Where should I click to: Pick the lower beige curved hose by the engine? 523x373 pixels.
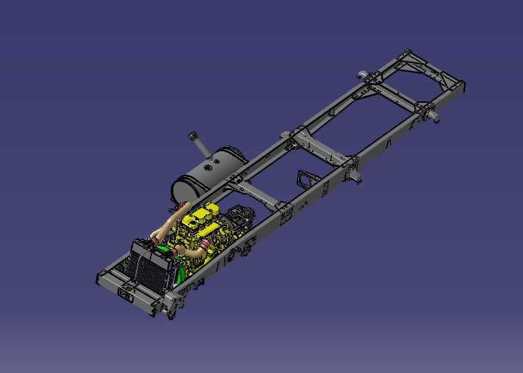[x=192, y=253]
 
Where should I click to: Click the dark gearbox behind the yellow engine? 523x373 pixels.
[x=239, y=221]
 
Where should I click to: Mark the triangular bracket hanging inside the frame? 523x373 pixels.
[x=304, y=179]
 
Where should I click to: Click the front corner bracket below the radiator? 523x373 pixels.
[x=170, y=305]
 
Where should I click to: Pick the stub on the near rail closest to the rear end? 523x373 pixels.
[x=433, y=116]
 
